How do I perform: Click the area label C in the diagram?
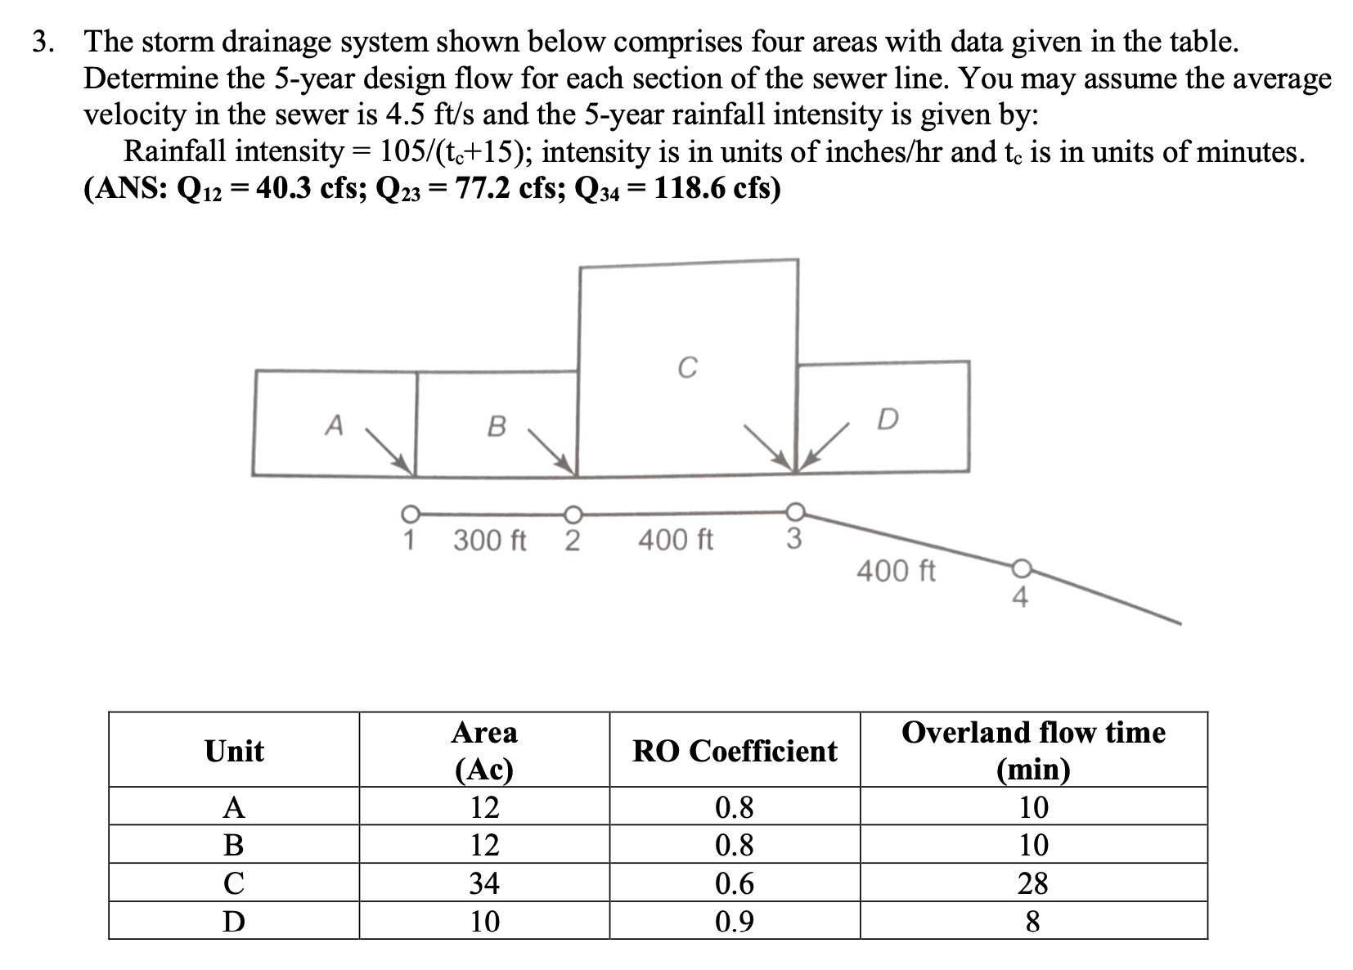[687, 369]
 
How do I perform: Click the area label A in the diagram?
[333, 425]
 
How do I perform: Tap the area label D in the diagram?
[887, 420]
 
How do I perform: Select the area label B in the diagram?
[496, 426]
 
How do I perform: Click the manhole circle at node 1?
[409, 514]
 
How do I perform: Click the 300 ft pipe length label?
[490, 541]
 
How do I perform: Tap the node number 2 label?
[573, 541]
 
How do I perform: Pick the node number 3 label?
[793, 539]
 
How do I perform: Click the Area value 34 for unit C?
[484, 883]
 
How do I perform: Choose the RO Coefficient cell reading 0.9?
[735, 922]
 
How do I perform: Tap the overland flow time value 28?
[1032, 883]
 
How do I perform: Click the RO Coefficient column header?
[735, 751]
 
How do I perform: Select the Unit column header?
[234, 751]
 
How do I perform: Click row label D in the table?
[234, 922]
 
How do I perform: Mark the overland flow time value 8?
[1032, 922]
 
